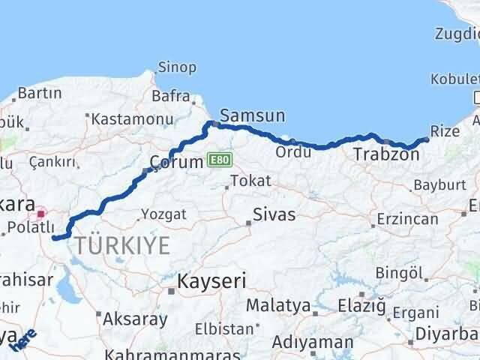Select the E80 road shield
220,160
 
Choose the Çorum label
176,161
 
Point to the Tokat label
250,181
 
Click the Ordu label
289,151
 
